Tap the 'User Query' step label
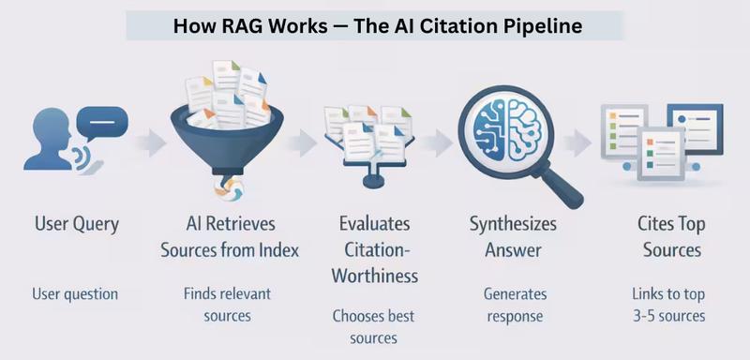point(76,225)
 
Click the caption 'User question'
point(76,293)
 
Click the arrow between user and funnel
point(150,143)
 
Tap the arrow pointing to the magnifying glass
point(437,143)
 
